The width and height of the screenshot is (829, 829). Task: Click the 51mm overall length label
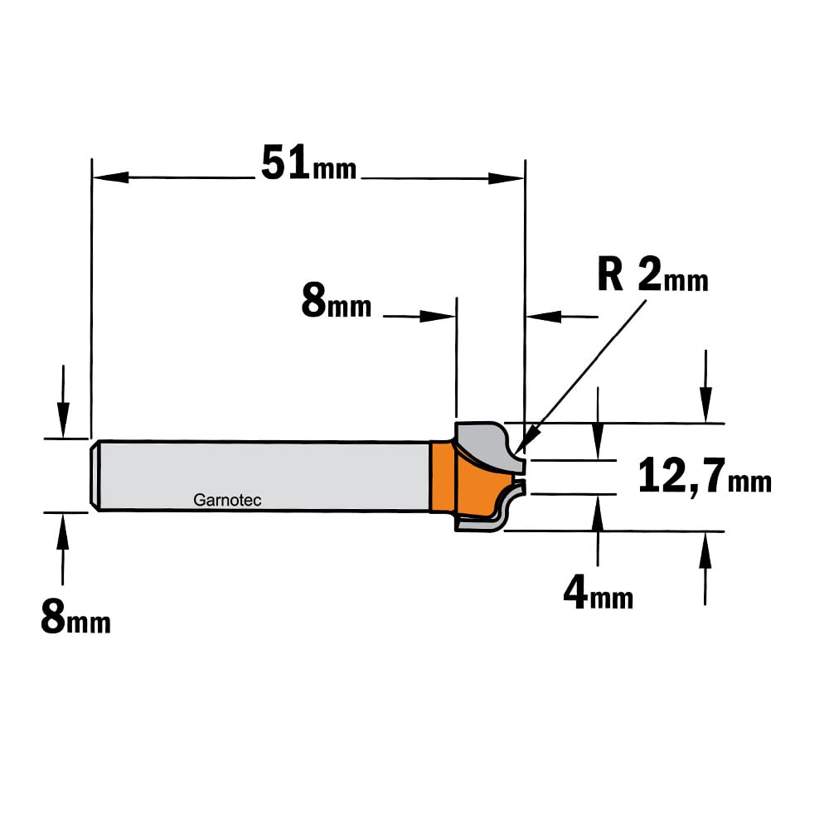coord(308,162)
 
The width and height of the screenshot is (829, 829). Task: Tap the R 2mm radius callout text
coord(653,274)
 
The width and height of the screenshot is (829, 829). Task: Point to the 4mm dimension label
coord(598,593)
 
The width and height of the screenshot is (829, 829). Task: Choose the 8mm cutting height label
coord(337,300)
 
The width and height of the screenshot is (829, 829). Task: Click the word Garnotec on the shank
coord(227,500)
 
